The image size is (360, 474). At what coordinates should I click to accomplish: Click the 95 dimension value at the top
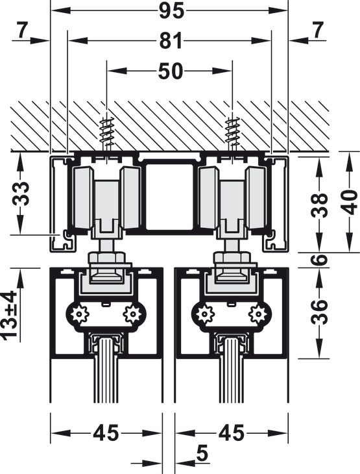coord(171,12)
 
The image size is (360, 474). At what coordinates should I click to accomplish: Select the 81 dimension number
coord(171,40)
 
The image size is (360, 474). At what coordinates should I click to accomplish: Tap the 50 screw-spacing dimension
coord(171,71)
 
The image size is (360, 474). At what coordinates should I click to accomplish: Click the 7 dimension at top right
coord(317,30)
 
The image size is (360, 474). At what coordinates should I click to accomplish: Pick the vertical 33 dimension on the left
coord(21,193)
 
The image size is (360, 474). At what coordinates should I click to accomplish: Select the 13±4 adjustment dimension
coord(8,314)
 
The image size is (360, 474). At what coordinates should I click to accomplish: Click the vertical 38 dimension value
coord(319,205)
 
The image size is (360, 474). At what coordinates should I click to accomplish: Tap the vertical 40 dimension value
coord(350,202)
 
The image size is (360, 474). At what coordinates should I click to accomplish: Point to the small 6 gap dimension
coord(319,260)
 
